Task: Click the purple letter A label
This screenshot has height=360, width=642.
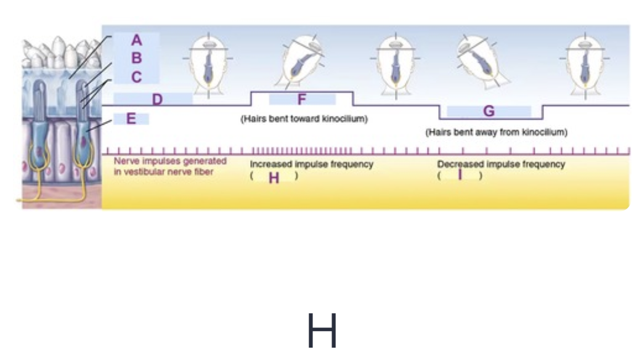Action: (x=137, y=41)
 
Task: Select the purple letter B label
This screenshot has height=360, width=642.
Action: (x=137, y=59)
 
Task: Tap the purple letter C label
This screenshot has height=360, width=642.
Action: (x=137, y=77)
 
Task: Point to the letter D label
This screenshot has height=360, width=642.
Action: (x=157, y=99)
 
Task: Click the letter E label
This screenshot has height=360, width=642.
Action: (x=131, y=119)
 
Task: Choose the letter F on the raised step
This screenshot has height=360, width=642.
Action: (x=301, y=99)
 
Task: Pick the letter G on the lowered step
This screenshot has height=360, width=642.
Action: (x=489, y=112)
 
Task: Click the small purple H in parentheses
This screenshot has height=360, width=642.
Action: (x=274, y=178)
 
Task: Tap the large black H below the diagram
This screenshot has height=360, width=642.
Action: (x=322, y=331)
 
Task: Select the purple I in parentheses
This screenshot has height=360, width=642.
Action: (x=460, y=176)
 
